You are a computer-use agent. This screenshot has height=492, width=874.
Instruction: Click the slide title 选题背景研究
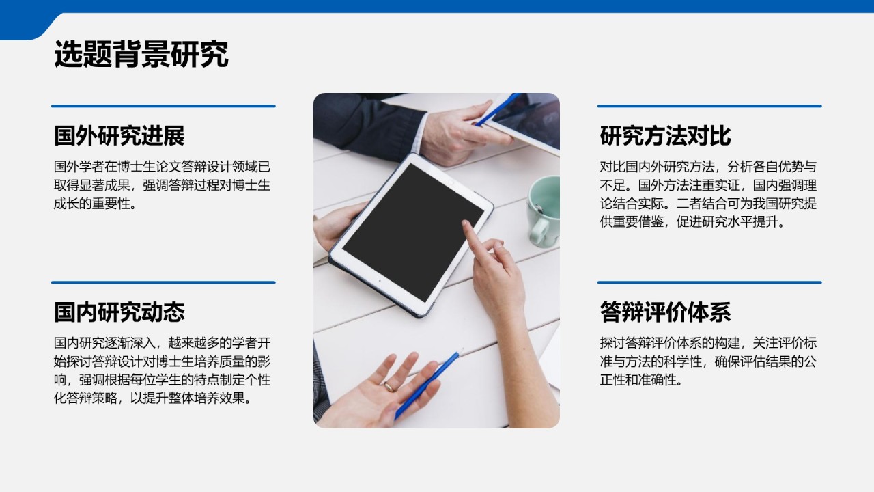[141, 55]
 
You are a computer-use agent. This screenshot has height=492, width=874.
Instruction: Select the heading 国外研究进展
[119, 136]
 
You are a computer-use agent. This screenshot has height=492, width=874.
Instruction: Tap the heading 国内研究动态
[119, 312]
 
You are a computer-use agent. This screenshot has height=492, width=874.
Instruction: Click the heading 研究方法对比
[665, 136]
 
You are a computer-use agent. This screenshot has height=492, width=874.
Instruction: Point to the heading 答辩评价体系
[665, 312]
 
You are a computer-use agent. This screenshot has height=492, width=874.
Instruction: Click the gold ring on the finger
[389, 387]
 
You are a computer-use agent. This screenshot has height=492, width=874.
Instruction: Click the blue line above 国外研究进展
[163, 106]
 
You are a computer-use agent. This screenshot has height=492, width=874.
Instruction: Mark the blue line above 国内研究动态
[163, 282]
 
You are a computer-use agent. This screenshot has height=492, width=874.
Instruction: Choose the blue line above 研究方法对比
[709, 106]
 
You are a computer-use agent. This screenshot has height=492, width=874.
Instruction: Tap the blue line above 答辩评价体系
[709, 282]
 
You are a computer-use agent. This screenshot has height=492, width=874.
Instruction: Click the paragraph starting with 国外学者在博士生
[163, 184]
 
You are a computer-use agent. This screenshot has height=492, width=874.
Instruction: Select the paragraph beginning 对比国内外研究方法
[708, 194]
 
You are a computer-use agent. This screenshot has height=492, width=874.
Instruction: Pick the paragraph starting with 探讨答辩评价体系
[708, 361]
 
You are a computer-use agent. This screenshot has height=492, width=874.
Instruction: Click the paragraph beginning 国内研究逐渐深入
[163, 370]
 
